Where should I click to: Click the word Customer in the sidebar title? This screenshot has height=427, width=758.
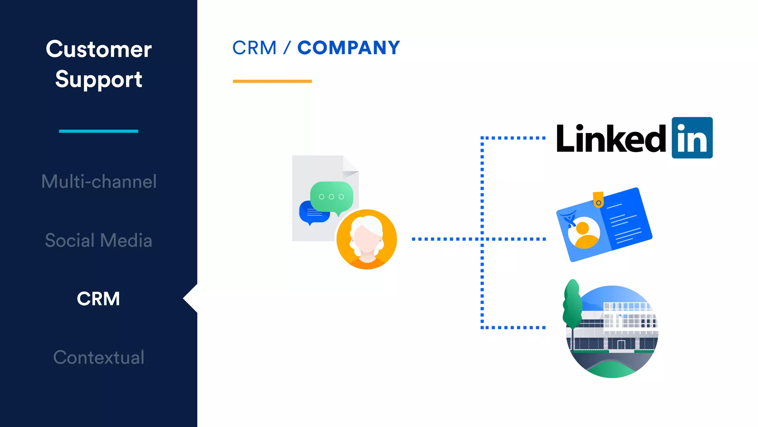(98, 49)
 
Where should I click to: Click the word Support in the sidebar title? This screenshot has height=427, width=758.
(98, 79)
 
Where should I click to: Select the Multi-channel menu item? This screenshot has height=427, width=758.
(99, 182)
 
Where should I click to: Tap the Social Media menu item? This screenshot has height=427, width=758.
(99, 241)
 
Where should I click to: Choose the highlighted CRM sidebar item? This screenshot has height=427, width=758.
(98, 299)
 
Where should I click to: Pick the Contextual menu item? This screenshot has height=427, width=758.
(99, 357)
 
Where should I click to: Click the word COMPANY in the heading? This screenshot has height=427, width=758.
(349, 48)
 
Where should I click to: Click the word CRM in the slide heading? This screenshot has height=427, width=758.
(255, 48)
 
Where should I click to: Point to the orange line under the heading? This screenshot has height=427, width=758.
(272, 81)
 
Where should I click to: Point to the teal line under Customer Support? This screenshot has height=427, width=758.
(98, 131)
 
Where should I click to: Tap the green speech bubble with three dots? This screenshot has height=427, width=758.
(331, 196)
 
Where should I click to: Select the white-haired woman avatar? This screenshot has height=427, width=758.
(366, 239)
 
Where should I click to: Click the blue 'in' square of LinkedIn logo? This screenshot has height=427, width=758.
(692, 138)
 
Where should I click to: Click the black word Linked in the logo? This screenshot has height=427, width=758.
(611, 139)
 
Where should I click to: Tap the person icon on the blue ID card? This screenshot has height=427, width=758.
(584, 233)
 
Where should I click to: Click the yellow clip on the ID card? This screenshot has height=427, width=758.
(598, 199)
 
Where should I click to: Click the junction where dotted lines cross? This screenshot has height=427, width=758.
(482, 239)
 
